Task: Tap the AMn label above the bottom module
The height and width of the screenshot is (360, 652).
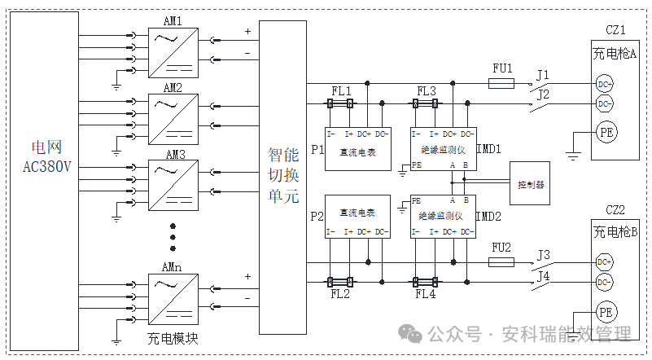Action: tap(172, 267)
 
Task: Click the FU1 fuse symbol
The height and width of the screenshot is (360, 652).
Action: tap(501, 83)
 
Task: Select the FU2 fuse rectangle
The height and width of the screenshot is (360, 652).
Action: tap(501, 262)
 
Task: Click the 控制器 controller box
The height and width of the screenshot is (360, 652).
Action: tap(531, 185)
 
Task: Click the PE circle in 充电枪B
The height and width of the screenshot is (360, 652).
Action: tap(605, 312)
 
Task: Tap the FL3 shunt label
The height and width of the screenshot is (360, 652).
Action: tap(427, 90)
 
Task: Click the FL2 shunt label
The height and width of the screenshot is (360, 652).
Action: tap(339, 293)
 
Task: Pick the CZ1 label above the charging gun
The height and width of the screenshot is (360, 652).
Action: tap(615, 31)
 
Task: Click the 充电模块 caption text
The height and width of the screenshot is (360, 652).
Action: tap(173, 337)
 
